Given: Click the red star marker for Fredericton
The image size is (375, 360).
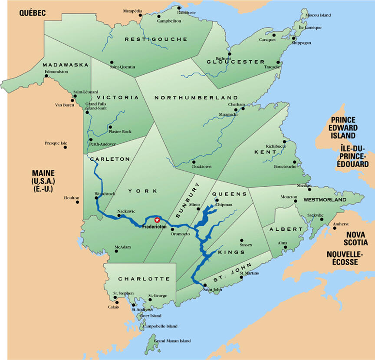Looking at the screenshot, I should coord(157,220).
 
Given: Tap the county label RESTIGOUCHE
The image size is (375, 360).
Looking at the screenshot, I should coord(156,40).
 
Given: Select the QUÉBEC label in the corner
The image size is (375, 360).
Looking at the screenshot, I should coord(32,13).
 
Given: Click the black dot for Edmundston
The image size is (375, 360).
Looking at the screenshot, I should coord(46,76).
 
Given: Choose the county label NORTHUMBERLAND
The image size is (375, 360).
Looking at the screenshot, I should coord(196,98).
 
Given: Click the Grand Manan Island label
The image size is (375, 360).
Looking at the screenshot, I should coord(172,341).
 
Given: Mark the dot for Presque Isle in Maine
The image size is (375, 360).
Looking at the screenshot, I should coord(65,147).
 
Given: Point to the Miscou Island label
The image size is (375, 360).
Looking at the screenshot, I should coord(318,15).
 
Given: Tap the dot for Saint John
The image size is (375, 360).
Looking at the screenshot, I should coord(204,285).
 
